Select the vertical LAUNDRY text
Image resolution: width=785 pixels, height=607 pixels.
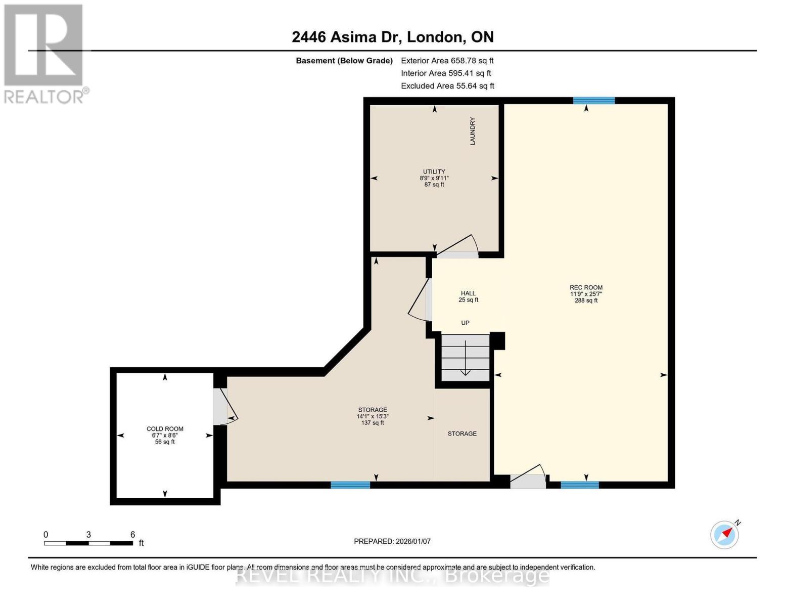[x=473, y=131]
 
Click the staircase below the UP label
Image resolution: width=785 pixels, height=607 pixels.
[x=465, y=358]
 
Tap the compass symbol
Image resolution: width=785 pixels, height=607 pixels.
[x=725, y=534]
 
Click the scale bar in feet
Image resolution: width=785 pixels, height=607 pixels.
[x=88, y=543]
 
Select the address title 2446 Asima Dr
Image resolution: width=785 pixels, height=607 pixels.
[x=392, y=37]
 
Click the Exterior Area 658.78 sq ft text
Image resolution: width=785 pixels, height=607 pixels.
[x=447, y=60]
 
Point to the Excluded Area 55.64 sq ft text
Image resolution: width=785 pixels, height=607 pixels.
[x=447, y=86]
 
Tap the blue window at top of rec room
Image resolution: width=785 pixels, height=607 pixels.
[x=593, y=100]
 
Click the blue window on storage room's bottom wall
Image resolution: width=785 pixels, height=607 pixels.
[x=350, y=485]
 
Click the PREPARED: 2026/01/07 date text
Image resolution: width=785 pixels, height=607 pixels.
[x=392, y=541]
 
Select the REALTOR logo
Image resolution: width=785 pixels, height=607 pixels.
[x=44, y=53]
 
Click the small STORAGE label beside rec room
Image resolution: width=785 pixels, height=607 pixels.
[x=461, y=433]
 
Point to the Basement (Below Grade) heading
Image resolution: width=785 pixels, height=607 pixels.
[x=344, y=61]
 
